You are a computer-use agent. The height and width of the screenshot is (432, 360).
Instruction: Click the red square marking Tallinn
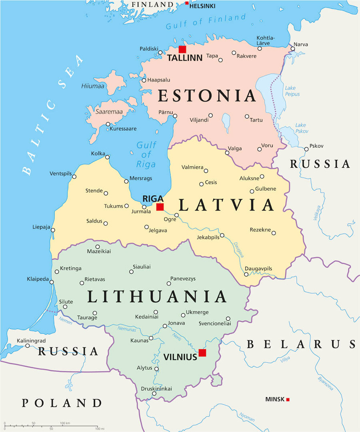tap(182, 49)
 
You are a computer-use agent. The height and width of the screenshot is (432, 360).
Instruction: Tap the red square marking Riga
tap(160, 207)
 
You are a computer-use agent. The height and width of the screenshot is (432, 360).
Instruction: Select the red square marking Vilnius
tap(202, 352)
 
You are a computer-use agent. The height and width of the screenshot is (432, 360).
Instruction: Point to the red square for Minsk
tap(288, 399)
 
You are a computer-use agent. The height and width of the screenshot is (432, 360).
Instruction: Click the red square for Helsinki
tap(187, 3)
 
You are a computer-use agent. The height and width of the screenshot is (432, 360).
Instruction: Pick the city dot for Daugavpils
tap(246, 274)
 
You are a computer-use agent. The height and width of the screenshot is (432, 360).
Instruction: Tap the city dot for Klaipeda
tap(52, 282)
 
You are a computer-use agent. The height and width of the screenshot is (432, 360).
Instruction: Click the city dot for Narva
tap(293, 49)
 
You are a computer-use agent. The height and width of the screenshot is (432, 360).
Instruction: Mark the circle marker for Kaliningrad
tap(28, 346)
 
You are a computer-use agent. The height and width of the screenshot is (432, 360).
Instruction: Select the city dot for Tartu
tap(247, 117)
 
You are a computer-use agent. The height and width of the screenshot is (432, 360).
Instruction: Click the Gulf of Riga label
tap(146, 154)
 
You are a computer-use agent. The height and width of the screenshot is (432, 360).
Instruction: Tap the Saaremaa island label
tap(109, 111)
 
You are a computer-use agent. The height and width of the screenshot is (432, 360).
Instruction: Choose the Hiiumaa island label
tap(92, 86)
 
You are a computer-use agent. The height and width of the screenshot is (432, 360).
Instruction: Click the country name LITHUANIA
tap(157, 297)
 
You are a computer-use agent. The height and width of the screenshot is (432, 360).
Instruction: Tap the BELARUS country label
tap(301, 344)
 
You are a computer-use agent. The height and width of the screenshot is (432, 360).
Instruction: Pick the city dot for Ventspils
tap(74, 176)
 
